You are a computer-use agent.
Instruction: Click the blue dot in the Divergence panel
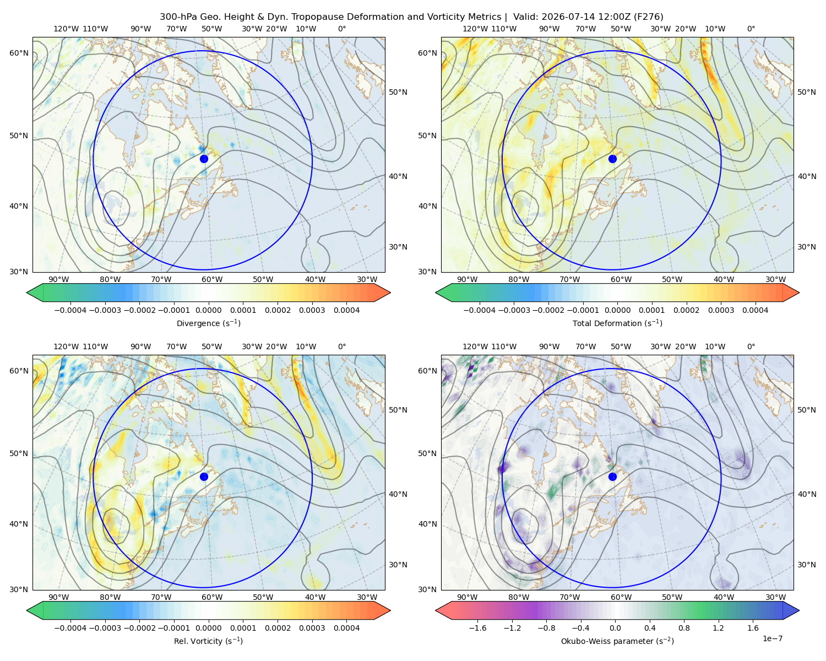(204, 159)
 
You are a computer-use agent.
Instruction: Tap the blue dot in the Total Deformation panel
(612, 159)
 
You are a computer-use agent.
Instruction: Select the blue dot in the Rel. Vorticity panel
(204, 476)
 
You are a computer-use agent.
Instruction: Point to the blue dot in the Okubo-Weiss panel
(612, 476)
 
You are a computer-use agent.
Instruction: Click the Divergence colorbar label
(208, 323)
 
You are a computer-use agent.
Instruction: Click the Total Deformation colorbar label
(617, 323)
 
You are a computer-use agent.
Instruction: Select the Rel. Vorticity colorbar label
(208, 641)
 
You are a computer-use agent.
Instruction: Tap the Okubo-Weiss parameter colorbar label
(617, 641)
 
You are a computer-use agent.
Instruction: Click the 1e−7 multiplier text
(772, 638)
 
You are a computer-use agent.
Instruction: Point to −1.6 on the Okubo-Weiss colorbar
(477, 627)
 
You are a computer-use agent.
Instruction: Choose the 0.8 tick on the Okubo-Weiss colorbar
(684, 627)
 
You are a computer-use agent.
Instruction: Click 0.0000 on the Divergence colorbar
(208, 310)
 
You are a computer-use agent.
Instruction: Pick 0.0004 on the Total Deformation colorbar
(755, 310)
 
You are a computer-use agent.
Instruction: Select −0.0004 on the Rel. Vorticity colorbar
(70, 627)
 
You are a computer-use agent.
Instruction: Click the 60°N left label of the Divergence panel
(19, 53)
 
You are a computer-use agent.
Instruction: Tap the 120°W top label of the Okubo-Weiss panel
(475, 346)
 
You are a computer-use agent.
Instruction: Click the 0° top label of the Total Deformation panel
(751, 29)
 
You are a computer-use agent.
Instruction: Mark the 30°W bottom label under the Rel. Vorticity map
(367, 597)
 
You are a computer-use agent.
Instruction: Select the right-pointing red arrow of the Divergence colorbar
(382, 292)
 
